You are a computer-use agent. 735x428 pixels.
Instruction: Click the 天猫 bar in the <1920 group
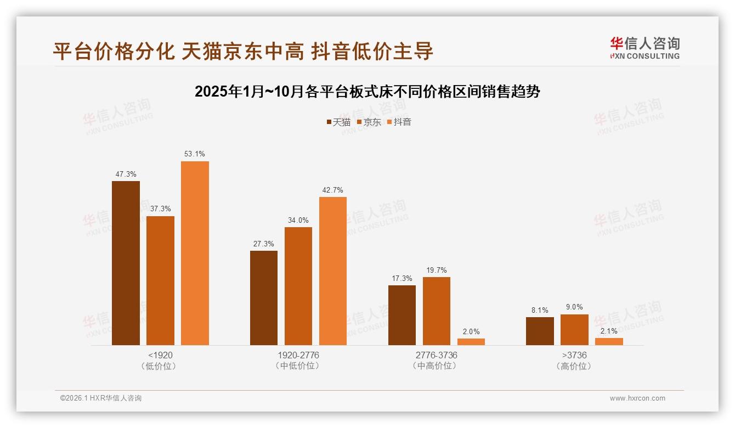pyautogui.click(x=126, y=263)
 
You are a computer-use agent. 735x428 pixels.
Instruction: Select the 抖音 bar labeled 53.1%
pyautogui.click(x=195, y=253)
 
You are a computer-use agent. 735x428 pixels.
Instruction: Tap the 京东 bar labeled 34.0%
pyautogui.click(x=298, y=286)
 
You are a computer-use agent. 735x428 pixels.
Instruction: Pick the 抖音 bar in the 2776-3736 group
pyautogui.click(x=471, y=342)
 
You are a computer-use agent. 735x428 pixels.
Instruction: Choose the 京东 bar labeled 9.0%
pyautogui.click(x=574, y=330)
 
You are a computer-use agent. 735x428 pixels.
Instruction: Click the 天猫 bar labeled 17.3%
pyautogui.click(x=402, y=315)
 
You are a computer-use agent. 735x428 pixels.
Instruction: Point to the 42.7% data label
pyautogui.click(x=333, y=190)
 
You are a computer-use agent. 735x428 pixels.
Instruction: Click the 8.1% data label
pyautogui.click(x=540, y=311)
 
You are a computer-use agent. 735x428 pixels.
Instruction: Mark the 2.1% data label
pyautogui.click(x=609, y=331)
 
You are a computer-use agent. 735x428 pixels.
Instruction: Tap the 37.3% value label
pyautogui.click(x=160, y=209)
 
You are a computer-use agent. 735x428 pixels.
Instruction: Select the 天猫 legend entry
pyautogui.click(x=338, y=122)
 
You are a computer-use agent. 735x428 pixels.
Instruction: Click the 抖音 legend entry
pyautogui.click(x=399, y=122)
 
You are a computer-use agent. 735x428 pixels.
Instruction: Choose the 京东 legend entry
pyautogui.click(x=369, y=122)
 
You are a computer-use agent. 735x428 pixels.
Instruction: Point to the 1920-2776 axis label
pyautogui.click(x=298, y=355)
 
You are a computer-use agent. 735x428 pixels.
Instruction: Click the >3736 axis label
pyautogui.click(x=574, y=355)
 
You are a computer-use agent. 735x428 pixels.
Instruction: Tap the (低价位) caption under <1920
pyautogui.click(x=160, y=366)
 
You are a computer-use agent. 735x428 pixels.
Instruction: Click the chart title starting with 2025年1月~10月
pyautogui.click(x=367, y=92)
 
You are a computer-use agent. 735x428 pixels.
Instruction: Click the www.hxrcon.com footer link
pyautogui.click(x=637, y=398)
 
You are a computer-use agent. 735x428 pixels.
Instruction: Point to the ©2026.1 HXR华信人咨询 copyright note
pyautogui.click(x=101, y=398)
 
